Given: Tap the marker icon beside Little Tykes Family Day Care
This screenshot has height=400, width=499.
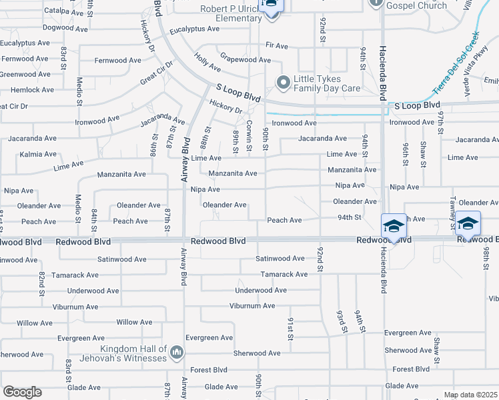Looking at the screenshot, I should point(284,83).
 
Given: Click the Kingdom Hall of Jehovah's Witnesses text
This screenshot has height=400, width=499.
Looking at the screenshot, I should point(133,354).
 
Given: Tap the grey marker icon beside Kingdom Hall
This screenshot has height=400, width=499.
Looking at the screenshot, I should point(177,352).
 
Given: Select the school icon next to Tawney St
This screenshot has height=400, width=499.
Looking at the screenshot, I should point(468,222).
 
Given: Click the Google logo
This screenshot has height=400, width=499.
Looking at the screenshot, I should point(22,392).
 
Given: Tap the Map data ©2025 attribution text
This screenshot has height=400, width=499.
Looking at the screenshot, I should point(470,395).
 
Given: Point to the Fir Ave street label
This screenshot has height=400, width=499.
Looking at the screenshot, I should point(276,46).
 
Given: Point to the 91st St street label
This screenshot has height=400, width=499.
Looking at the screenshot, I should point(291,328).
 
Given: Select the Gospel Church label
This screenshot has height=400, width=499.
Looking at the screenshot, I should point(417,5).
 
